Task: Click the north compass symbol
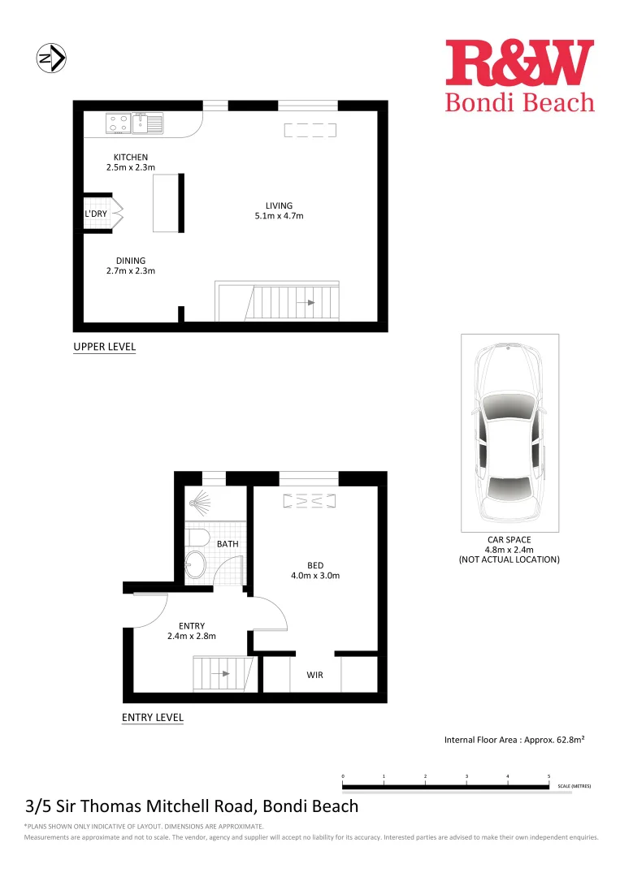tap(52, 58)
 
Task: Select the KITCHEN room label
tap(131, 157)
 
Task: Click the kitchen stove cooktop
tap(118, 123)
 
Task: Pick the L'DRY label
tap(96, 214)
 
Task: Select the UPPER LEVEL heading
tap(105, 347)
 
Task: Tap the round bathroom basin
tap(196, 566)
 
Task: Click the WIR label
tap(315, 675)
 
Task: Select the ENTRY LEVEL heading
tap(152, 717)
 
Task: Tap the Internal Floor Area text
tap(514, 740)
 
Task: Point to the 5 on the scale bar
tap(549, 776)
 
